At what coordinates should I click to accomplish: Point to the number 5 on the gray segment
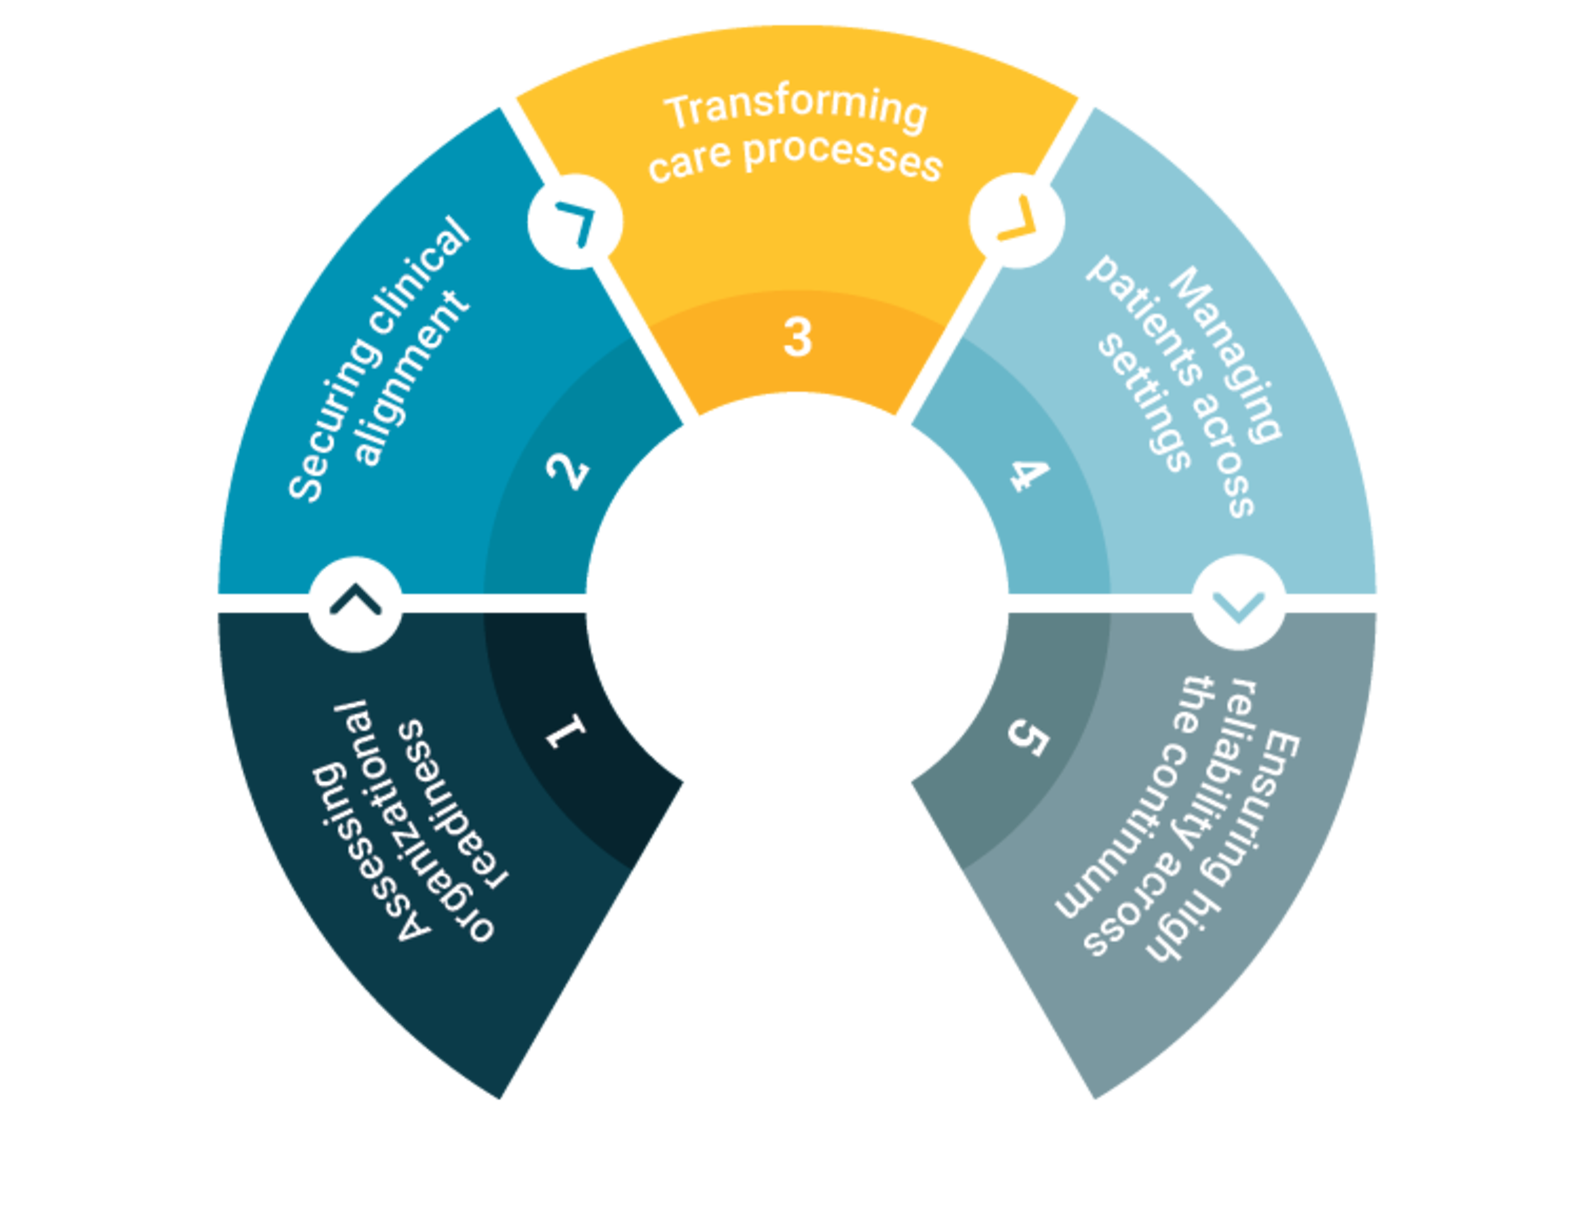1028,737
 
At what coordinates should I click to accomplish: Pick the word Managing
1226,353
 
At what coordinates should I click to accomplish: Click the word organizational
411,822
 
